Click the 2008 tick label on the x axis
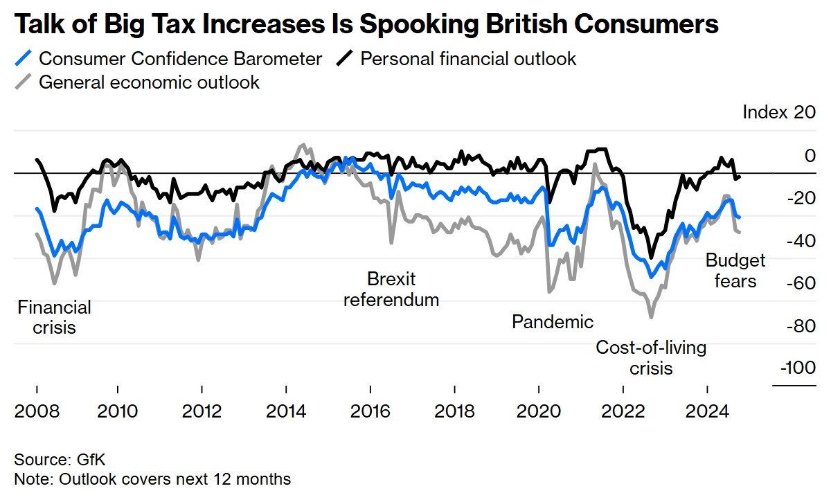(x=37, y=411)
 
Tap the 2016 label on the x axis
(x=370, y=411)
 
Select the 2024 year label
(x=706, y=411)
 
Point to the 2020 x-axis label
(x=538, y=411)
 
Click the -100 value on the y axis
(x=798, y=368)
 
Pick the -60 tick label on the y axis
(x=801, y=283)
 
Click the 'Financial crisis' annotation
(x=54, y=316)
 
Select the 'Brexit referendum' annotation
(x=391, y=289)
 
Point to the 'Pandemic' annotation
(x=553, y=321)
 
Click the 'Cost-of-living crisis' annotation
(x=651, y=357)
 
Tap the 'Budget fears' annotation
(x=735, y=270)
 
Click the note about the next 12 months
(x=152, y=478)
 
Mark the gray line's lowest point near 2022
(x=651, y=318)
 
